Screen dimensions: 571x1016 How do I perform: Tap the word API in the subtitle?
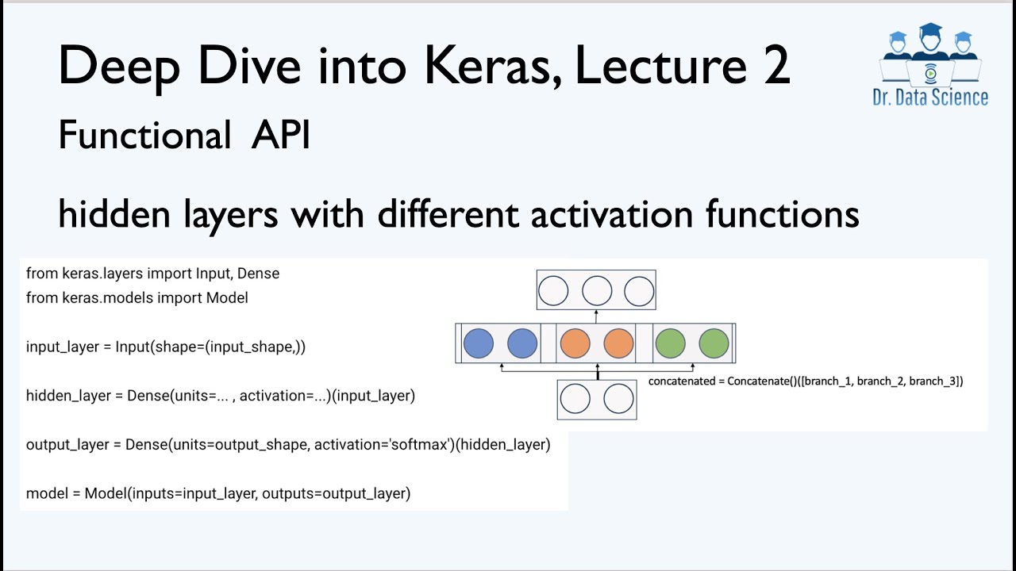click(x=280, y=136)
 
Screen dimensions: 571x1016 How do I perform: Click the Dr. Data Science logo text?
click(x=929, y=98)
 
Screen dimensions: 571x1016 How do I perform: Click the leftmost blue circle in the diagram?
click(x=478, y=343)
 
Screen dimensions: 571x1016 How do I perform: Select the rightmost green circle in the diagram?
click(x=714, y=343)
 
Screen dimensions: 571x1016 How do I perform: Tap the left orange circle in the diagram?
click(x=575, y=343)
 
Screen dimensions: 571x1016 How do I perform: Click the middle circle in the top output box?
click(x=597, y=291)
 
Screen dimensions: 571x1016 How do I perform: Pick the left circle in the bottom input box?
click(x=575, y=400)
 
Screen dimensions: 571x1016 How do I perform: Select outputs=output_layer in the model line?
click(x=336, y=494)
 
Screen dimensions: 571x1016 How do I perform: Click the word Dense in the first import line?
click(x=259, y=274)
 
